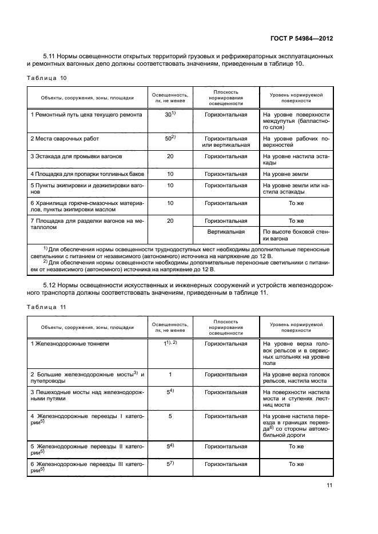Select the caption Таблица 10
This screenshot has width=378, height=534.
coord(47,77)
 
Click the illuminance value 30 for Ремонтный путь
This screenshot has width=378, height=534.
coord(169,115)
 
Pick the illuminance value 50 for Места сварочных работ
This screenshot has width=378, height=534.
coord(169,138)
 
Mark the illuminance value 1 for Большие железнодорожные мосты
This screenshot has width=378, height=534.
coord(170,374)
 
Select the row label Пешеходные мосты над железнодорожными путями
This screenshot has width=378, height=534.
coord(86,396)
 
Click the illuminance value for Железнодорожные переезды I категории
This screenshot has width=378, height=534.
coord(170,416)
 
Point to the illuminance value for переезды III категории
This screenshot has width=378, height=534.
coord(170,464)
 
